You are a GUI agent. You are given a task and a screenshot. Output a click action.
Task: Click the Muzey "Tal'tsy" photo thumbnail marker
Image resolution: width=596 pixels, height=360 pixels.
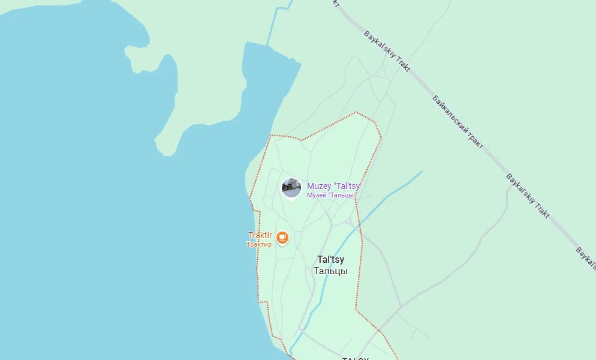[x=291, y=187]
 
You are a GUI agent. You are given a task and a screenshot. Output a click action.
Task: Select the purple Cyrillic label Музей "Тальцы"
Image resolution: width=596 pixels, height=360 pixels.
[x=332, y=195]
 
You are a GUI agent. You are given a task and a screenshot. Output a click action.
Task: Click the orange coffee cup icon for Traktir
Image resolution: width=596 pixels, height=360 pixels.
[x=282, y=238]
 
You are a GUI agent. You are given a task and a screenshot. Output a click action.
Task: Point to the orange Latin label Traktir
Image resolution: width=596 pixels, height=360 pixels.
[x=260, y=236]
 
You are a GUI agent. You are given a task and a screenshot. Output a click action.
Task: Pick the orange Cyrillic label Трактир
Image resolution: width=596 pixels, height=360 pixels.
[x=259, y=244]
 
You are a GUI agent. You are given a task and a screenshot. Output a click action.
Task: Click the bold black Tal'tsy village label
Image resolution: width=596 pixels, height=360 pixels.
[x=331, y=260]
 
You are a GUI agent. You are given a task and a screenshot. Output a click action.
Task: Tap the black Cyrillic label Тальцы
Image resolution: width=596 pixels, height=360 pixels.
[x=330, y=271]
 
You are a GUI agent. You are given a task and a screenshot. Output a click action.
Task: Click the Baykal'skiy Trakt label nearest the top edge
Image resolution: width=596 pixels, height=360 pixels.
[x=387, y=51]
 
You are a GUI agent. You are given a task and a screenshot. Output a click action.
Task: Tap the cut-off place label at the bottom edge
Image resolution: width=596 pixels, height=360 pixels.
[x=355, y=358]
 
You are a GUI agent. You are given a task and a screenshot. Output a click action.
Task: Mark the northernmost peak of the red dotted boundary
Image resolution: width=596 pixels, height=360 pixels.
[x=356, y=112]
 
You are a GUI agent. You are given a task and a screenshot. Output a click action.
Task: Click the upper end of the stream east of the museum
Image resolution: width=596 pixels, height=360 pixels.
[x=422, y=172]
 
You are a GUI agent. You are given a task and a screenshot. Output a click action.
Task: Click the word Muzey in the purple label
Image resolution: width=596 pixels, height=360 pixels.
[x=318, y=186]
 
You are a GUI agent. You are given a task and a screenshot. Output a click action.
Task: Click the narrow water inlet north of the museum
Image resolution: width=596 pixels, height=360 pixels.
[x=264, y=90]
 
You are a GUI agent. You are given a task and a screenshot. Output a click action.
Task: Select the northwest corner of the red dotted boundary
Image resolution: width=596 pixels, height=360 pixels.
[x=271, y=136]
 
